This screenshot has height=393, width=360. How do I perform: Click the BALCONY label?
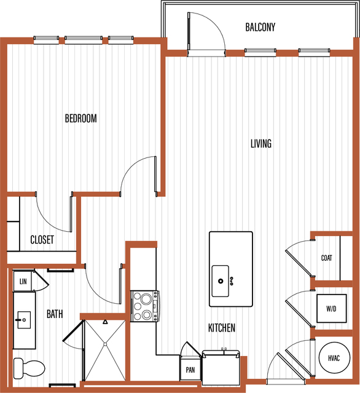click(260, 27)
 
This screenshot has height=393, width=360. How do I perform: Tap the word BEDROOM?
click(81, 118)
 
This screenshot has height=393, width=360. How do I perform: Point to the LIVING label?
click(261, 144)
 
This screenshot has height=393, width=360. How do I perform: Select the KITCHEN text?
click(222, 328)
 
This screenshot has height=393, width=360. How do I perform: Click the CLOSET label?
click(42, 240)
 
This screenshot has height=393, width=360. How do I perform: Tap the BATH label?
click(55, 314)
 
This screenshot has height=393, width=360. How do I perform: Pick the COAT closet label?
click(326, 258)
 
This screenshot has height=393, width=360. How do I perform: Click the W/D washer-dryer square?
click(332, 308)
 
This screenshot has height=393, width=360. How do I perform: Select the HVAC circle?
click(334, 358)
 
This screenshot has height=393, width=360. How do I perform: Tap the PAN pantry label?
click(190, 370)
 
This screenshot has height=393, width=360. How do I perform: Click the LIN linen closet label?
click(23, 282)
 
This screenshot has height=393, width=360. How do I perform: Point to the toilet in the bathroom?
click(29, 368)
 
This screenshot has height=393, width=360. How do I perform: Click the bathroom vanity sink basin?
click(24, 320)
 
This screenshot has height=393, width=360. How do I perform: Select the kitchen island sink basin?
click(221, 281)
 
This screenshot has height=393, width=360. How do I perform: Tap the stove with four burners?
click(145, 306)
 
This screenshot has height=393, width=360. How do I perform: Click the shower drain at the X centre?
click(106, 344)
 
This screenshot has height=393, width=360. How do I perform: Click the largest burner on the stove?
click(146, 298)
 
